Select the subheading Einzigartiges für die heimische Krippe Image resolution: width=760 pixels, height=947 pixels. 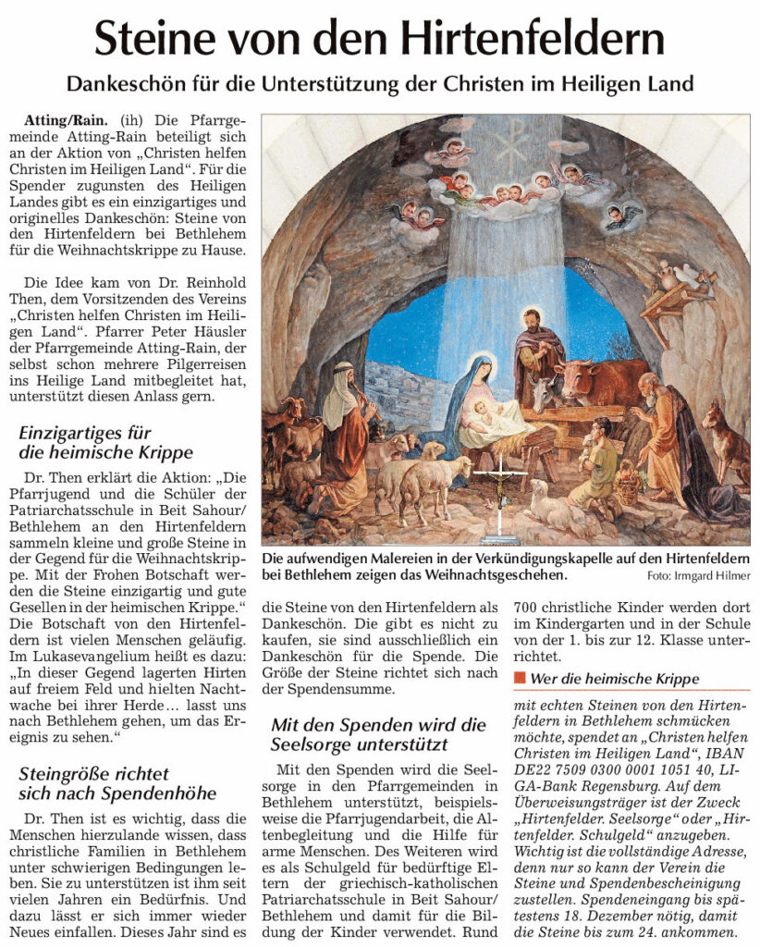coord(106,442)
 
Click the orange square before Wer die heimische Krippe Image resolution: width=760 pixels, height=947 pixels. coord(519,678)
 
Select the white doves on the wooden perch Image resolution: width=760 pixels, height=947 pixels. coord(680,273)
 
